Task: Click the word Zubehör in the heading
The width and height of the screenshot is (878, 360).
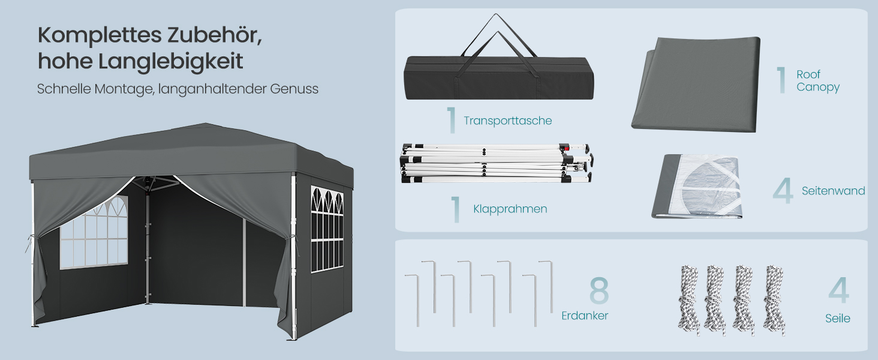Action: point(215,35)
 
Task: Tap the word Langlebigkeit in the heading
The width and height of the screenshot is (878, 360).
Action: point(170,62)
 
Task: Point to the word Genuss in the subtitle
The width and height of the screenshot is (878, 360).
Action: point(294,89)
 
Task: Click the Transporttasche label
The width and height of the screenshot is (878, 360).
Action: point(507,121)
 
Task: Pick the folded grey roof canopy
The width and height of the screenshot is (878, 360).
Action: point(696,85)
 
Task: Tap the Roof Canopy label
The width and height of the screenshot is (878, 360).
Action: point(817,81)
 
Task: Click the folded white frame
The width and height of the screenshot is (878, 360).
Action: point(497,164)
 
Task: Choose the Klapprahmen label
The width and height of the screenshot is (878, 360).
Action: point(510,209)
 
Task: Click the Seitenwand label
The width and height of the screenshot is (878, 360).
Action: point(833,191)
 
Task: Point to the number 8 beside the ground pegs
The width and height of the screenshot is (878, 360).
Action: point(599,290)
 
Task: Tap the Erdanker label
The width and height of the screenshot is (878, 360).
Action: point(584,316)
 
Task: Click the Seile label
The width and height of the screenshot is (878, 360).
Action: point(838,319)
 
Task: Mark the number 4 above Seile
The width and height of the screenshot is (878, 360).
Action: point(839,290)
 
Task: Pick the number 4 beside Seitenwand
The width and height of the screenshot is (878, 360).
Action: point(783,191)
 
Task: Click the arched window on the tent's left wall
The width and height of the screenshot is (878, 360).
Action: point(94,234)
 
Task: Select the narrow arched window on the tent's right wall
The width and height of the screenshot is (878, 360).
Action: point(327,229)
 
